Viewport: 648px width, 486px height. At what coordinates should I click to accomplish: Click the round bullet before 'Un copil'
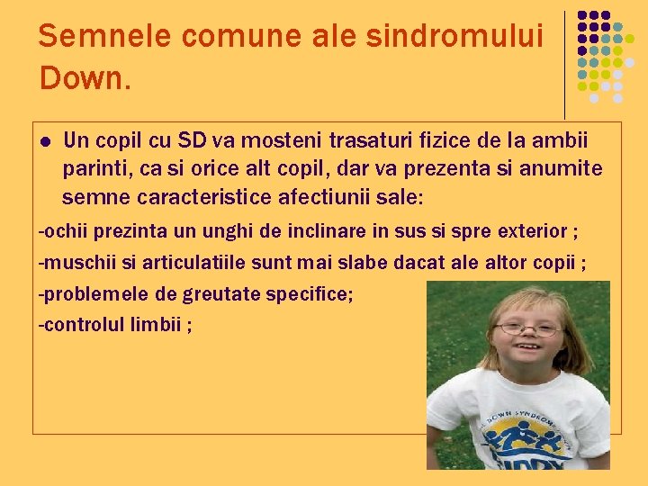(x=45, y=142)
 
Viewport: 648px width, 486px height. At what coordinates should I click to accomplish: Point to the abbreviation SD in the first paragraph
(x=191, y=141)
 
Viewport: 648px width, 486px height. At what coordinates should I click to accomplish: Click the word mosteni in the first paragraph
(x=286, y=141)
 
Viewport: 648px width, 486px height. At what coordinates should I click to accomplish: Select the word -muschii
(x=78, y=263)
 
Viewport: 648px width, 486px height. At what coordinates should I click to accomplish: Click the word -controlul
(x=87, y=325)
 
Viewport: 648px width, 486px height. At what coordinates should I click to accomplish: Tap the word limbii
(x=161, y=325)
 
